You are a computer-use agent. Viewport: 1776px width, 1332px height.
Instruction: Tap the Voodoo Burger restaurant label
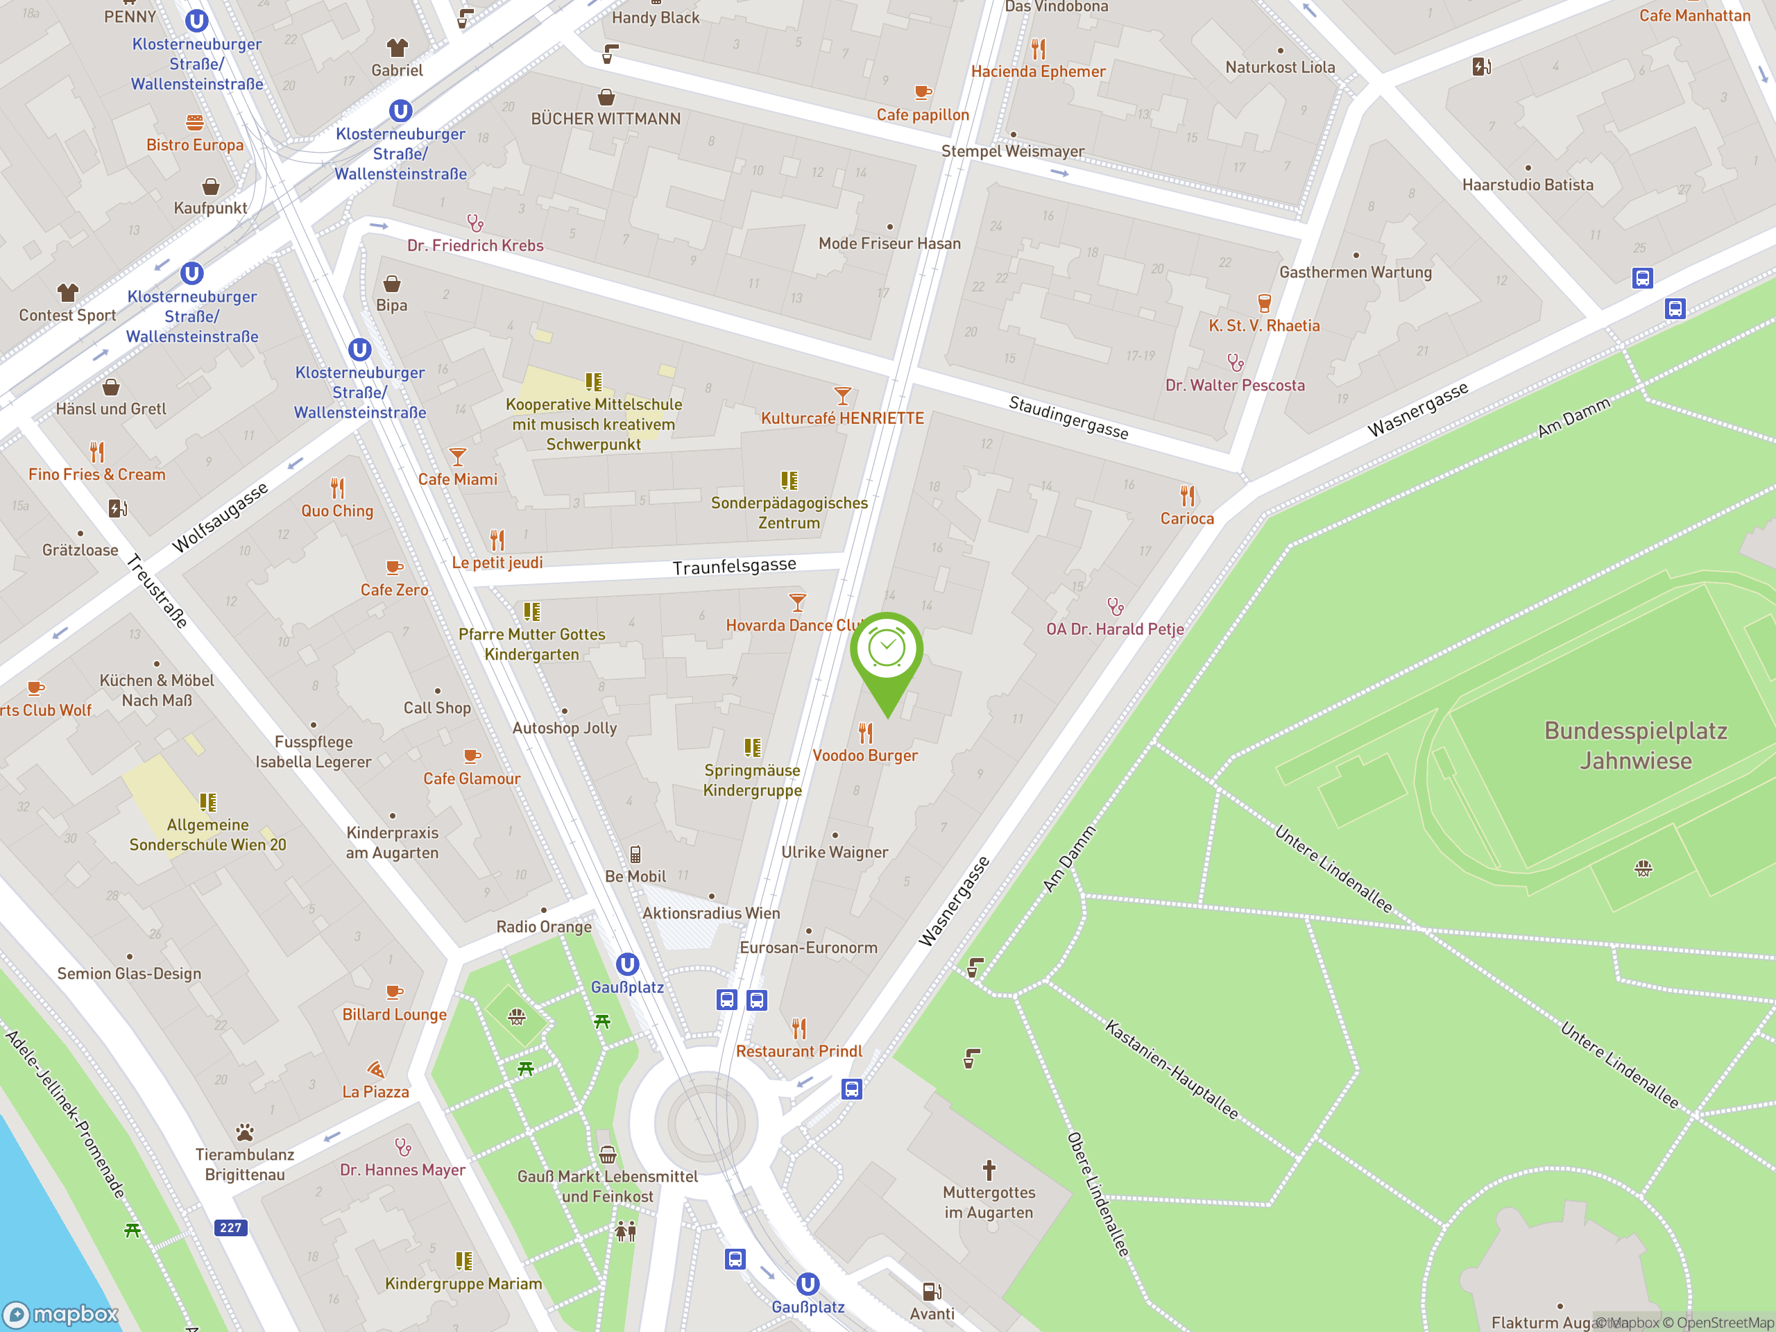click(x=864, y=755)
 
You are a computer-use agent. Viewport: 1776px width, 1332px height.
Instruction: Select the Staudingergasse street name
click(x=1068, y=418)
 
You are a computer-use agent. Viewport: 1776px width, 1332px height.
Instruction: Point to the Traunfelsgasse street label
click(x=734, y=566)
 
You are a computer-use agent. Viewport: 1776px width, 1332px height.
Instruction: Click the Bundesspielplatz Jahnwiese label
click(x=1635, y=745)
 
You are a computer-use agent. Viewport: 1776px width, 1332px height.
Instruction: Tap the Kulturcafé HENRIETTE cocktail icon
click(x=842, y=396)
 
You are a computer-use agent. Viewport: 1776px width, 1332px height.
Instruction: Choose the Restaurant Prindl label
click(x=799, y=1051)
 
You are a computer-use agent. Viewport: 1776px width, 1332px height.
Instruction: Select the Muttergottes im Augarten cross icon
click(x=989, y=1169)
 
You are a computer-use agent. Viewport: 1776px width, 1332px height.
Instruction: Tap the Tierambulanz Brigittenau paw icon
click(x=245, y=1132)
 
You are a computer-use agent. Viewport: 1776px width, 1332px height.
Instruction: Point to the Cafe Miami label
click(x=458, y=479)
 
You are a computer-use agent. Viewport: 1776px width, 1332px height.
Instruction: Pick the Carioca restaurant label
click(x=1187, y=519)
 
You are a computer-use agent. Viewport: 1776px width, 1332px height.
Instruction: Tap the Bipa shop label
click(x=392, y=305)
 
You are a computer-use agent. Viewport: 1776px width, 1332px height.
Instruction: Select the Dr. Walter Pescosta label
click(x=1235, y=386)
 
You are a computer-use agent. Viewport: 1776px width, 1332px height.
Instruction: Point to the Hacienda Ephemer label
click(x=1038, y=71)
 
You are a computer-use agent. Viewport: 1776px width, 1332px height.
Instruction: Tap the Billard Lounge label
click(x=394, y=1014)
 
